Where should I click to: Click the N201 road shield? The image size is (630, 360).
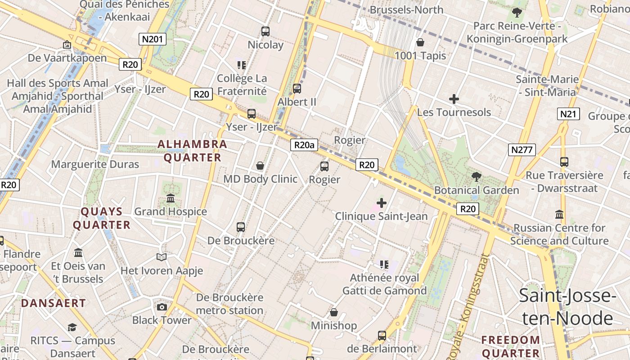click(x=152, y=39)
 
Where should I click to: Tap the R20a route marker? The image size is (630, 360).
click(x=304, y=145)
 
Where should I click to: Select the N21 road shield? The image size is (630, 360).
click(x=568, y=114)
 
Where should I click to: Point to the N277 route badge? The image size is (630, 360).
click(x=522, y=149)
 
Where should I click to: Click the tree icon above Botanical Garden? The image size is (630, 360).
click(x=476, y=177)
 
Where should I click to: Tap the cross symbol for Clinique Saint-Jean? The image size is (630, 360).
click(x=382, y=203)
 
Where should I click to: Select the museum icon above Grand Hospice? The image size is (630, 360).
click(x=171, y=198)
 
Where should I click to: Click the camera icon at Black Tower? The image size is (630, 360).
click(x=162, y=307)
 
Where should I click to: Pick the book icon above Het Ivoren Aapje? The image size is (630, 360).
click(x=162, y=257)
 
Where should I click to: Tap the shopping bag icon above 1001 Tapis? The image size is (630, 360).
click(x=420, y=42)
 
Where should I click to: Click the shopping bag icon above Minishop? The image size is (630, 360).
click(x=334, y=312)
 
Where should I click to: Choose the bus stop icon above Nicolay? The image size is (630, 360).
click(x=265, y=31)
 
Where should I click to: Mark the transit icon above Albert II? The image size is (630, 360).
click(x=297, y=88)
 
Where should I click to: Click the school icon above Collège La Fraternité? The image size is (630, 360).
click(x=242, y=65)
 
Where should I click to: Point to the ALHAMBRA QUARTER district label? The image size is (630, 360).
click(x=192, y=151)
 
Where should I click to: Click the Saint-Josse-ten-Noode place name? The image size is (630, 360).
click(x=567, y=307)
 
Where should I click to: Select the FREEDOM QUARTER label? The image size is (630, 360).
click(x=511, y=346)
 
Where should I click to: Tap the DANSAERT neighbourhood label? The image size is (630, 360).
click(x=54, y=303)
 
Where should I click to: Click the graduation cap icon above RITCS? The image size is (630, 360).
click(x=72, y=327)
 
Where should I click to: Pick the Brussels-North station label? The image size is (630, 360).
click(x=406, y=10)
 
